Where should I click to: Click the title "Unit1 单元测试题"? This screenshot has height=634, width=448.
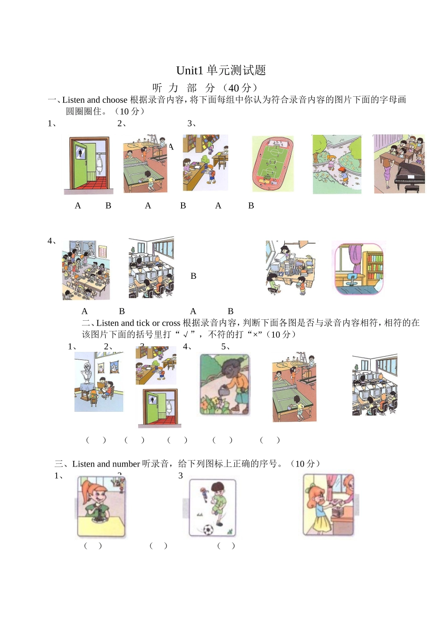pyautogui.click(x=221, y=71)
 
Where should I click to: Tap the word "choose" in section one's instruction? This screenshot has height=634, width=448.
pyautogui.click(x=115, y=100)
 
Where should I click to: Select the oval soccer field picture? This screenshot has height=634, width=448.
pyautogui.click(x=273, y=164)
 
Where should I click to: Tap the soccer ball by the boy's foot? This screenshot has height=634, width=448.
pyautogui.click(x=208, y=529)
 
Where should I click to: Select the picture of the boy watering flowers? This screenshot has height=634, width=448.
pyautogui.click(x=224, y=384)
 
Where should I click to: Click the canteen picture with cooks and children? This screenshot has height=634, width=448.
pyautogui.click(x=86, y=270)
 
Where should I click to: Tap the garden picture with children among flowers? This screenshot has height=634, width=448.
pyautogui.click(x=337, y=164)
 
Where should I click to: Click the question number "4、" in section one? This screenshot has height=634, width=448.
pyautogui.click(x=52, y=241)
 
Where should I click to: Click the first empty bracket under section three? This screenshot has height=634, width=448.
pyautogui.click(x=93, y=546)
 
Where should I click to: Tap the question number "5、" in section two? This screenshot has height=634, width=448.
pyautogui.click(x=226, y=347)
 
